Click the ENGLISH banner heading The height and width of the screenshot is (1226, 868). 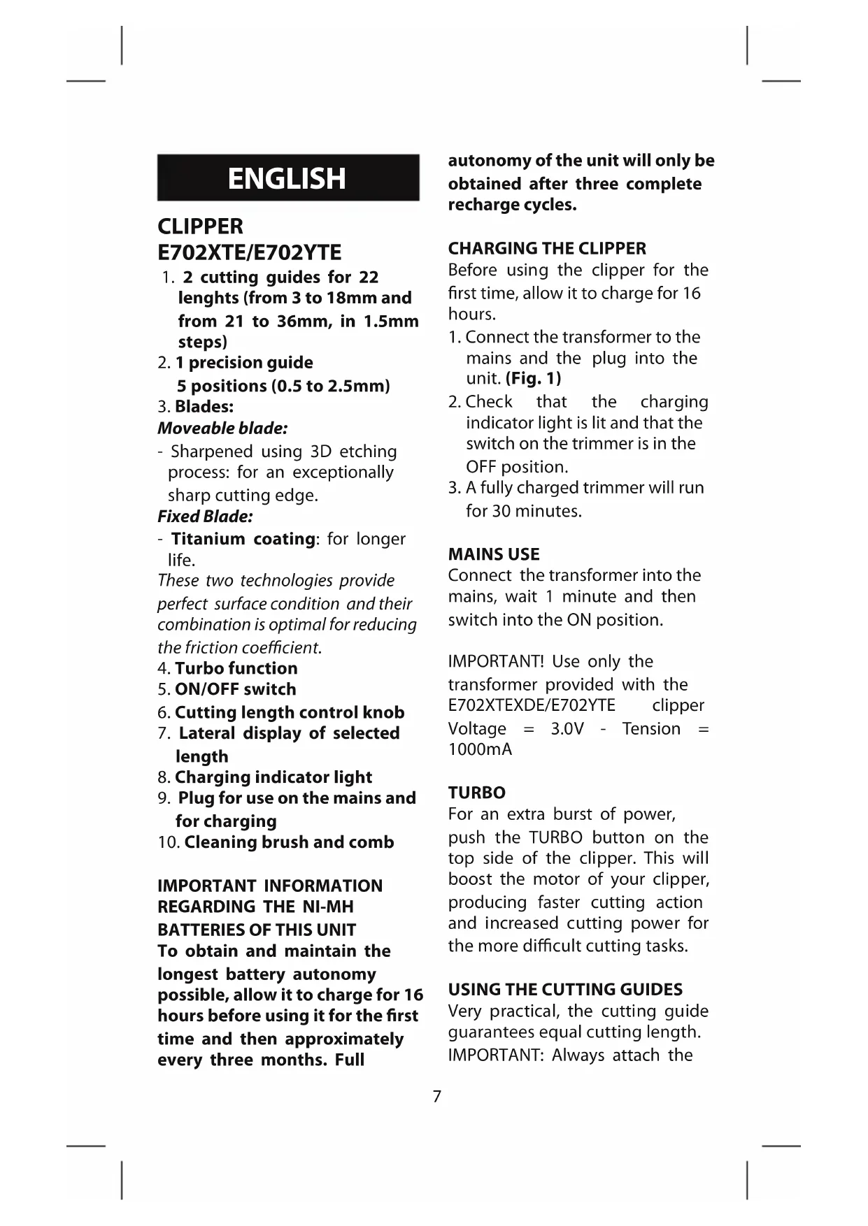click(287, 178)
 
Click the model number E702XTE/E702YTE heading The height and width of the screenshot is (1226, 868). click(250, 252)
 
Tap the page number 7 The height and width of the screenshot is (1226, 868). click(437, 1096)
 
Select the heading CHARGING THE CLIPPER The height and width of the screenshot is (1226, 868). click(547, 248)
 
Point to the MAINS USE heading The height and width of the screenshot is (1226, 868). click(494, 554)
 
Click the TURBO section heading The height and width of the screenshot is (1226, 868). click(476, 793)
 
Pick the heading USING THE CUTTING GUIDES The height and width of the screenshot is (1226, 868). click(565, 989)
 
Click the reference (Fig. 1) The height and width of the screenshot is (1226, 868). click(533, 379)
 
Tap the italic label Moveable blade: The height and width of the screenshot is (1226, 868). click(222, 428)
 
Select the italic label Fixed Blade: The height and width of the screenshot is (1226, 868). click(205, 517)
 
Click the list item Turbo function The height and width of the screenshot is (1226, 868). click(236, 668)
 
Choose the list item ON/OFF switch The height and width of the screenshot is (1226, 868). click(235, 689)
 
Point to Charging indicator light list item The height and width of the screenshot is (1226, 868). click(273, 777)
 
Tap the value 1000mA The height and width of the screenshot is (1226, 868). click(480, 749)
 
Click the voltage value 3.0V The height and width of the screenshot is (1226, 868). click(567, 729)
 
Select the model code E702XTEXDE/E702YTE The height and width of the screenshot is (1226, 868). click(532, 705)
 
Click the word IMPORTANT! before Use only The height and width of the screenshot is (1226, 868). click(496, 661)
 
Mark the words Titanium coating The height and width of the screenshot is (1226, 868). click(243, 539)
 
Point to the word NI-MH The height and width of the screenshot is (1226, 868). click(328, 907)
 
